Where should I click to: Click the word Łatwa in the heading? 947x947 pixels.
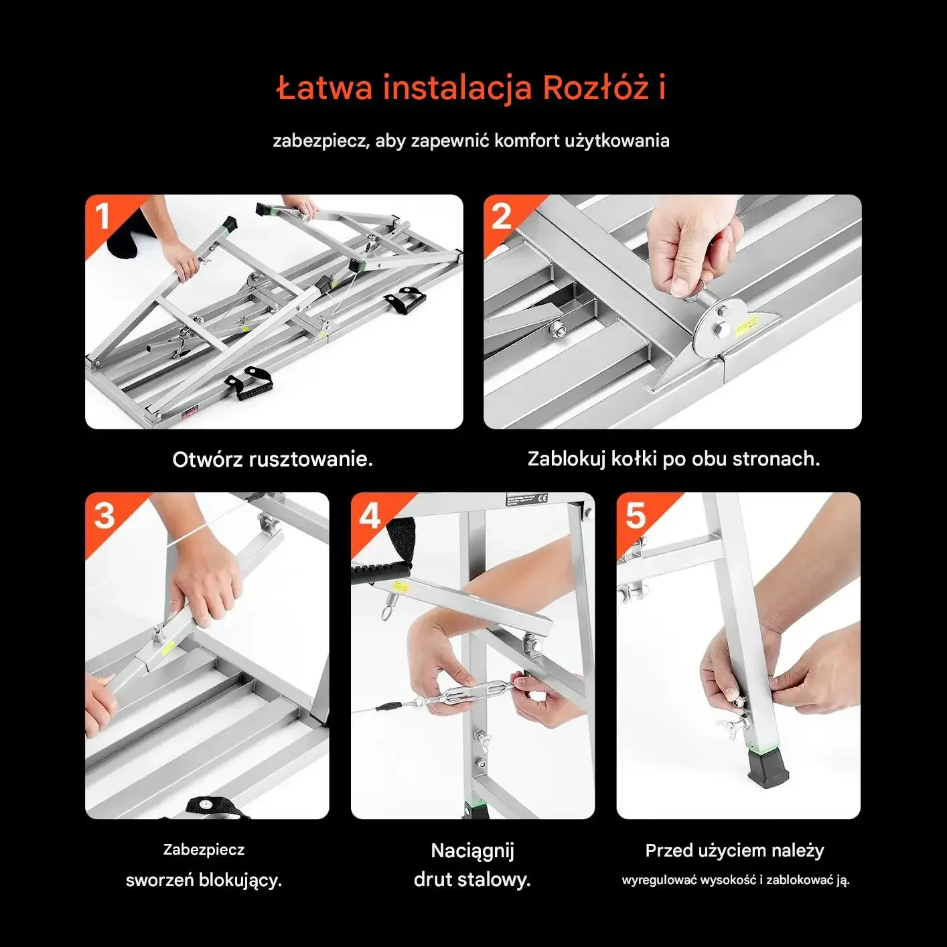tap(324, 88)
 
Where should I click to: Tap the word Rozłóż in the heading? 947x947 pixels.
tap(597, 87)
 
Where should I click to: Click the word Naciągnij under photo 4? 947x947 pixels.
tap(472, 851)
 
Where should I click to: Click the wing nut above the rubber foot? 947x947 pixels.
tap(730, 725)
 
